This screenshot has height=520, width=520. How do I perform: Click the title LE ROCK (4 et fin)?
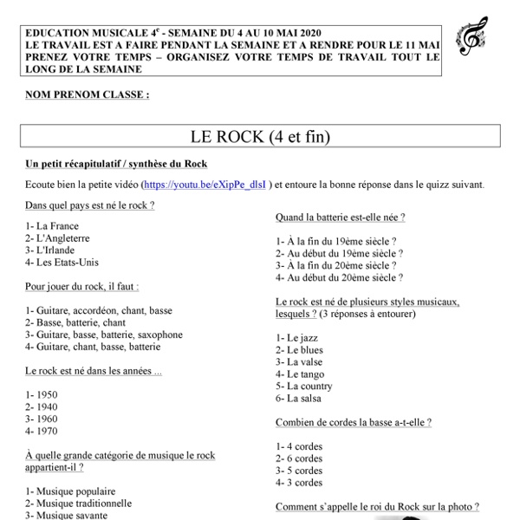(x=260, y=137)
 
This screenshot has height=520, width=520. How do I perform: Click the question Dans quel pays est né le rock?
(x=90, y=205)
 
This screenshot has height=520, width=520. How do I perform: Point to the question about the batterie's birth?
(x=340, y=218)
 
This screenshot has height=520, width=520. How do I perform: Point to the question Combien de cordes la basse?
(x=353, y=422)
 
